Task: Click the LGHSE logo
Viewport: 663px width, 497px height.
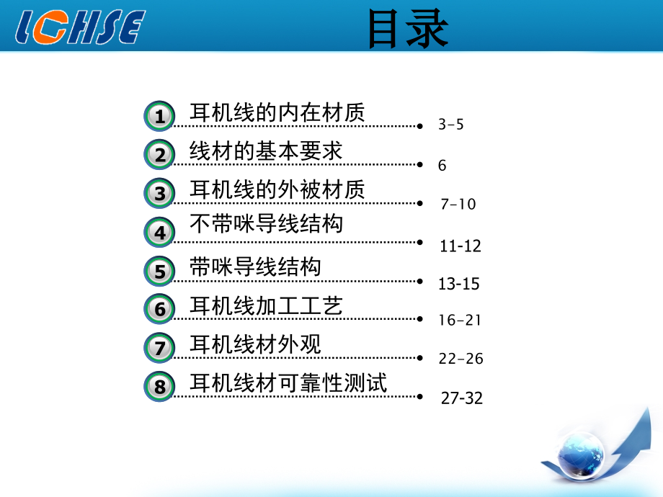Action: tap(79, 28)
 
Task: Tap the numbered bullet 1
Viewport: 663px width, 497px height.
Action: tap(159, 115)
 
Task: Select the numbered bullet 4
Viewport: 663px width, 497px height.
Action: tap(159, 233)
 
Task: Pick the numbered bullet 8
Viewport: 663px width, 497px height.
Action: tap(159, 387)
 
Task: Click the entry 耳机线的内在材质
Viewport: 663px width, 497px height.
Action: tap(277, 112)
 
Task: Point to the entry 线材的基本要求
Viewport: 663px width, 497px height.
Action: tap(266, 151)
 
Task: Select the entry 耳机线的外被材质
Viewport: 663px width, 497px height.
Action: tap(277, 189)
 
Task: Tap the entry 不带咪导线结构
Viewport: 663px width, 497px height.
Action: tap(266, 224)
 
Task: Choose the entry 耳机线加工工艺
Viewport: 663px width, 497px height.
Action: tap(266, 307)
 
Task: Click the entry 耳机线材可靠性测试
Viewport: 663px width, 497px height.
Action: tap(288, 383)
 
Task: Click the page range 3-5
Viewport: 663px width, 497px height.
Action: tap(451, 125)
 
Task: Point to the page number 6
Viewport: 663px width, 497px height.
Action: tap(442, 166)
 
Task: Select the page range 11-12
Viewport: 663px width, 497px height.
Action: tap(460, 246)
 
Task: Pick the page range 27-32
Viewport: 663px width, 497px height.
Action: tap(462, 398)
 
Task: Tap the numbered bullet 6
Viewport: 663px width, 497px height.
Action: tap(159, 310)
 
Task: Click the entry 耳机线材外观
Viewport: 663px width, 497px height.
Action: tap(255, 344)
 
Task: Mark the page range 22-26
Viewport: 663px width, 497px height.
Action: tap(460, 359)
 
